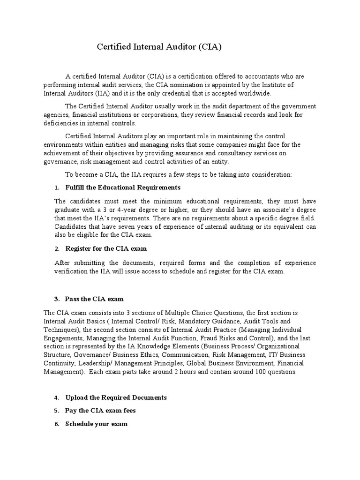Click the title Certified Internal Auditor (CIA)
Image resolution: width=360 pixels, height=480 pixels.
158,47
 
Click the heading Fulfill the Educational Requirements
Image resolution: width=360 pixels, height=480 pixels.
123,187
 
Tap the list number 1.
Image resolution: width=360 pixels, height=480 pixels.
56,187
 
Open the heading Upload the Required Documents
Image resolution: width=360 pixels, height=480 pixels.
116,397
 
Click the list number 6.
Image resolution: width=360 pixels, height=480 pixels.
56,424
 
